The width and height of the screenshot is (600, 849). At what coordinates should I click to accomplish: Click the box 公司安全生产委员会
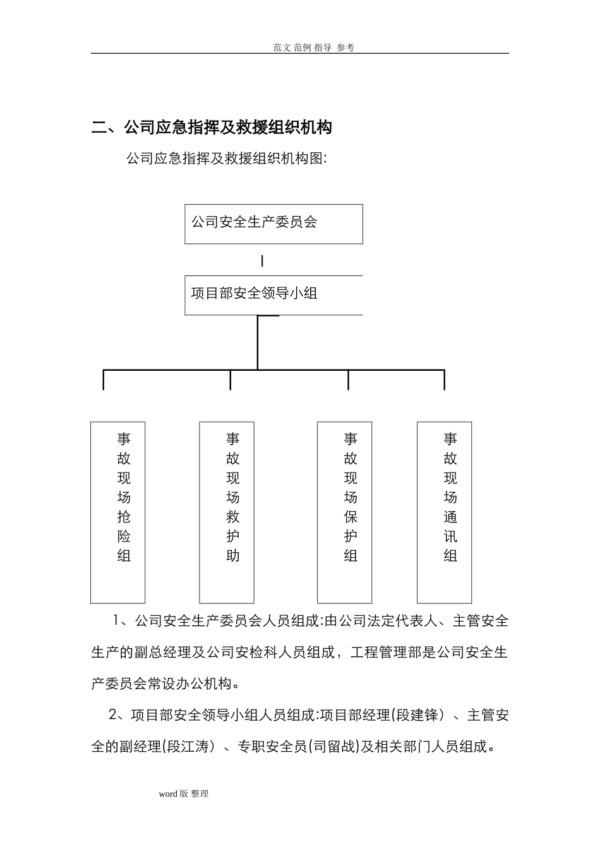pyautogui.click(x=273, y=224)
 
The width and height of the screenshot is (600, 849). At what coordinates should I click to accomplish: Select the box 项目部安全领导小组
pyautogui.click(x=273, y=294)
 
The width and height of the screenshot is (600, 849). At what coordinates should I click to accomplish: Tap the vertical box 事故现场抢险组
pyautogui.click(x=118, y=512)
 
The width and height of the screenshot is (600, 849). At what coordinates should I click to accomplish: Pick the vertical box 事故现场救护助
pyautogui.click(x=227, y=512)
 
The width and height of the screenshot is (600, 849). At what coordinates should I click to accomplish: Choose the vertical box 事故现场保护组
pyautogui.click(x=344, y=512)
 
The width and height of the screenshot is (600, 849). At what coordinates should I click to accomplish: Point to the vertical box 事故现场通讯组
pyautogui.click(x=445, y=512)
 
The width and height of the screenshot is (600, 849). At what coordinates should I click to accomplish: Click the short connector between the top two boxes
pyautogui.click(x=262, y=260)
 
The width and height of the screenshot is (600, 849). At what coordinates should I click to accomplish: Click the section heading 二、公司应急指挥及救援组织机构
pyautogui.click(x=212, y=128)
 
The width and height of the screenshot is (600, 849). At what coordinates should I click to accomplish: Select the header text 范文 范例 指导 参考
pyautogui.click(x=314, y=47)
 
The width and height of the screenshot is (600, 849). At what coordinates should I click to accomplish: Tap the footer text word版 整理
pyautogui.click(x=183, y=793)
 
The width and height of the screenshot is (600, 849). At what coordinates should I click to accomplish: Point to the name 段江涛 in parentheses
pyautogui.click(x=188, y=747)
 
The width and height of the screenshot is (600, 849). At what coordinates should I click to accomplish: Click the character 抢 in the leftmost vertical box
pyautogui.click(x=124, y=517)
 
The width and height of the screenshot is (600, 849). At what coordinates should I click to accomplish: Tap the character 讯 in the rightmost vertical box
pyautogui.click(x=450, y=536)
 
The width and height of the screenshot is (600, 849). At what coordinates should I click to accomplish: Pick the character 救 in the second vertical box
pyautogui.click(x=233, y=517)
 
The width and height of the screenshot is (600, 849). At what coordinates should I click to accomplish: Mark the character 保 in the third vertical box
pyautogui.click(x=351, y=517)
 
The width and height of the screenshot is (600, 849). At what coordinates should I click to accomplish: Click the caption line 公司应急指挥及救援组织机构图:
pyautogui.click(x=226, y=158)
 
